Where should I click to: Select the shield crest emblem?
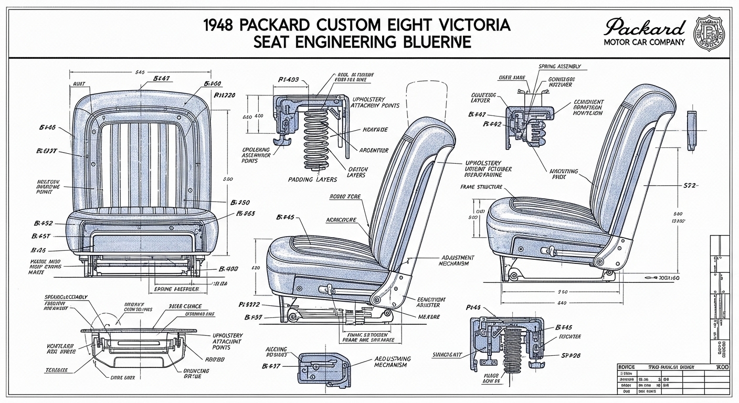point(710,33)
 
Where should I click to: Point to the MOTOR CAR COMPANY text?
point(645,42)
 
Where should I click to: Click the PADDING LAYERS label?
point(313,179)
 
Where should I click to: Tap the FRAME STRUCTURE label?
point(481,187)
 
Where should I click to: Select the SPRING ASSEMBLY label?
point(559,67)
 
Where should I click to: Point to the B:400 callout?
point(228,269)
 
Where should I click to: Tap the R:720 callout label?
point(224,95)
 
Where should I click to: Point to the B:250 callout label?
point(240,202)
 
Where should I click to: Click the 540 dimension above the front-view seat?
point(140,72)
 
